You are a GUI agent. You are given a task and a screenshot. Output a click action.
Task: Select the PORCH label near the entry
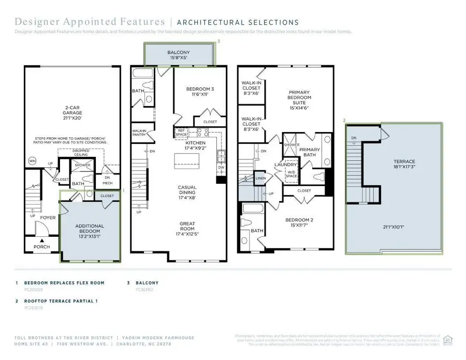[x=42, y=247]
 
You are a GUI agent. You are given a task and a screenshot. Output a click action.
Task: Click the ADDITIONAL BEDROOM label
[x=90, y=229]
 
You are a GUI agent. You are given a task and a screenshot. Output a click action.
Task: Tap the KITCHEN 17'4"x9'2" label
[x=195, y=146]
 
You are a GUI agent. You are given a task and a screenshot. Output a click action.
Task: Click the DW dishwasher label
[x=221, y=167]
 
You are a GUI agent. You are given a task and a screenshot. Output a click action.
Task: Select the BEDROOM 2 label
[x=300, y=222]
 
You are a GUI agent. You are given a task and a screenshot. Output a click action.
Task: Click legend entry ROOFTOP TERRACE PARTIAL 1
[x=60, y=300]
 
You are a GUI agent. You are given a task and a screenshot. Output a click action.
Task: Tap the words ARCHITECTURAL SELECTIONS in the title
[x=238, y=22]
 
